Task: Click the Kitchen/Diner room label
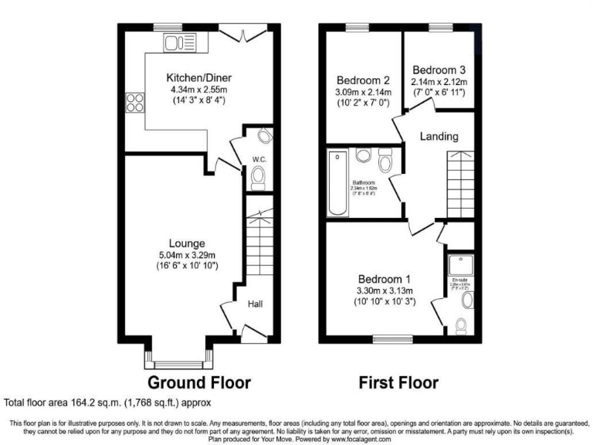[199, 77]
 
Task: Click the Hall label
[255, 304]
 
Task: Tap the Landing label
[439, 137]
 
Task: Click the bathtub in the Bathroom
[338, 185]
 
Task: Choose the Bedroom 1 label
[384, 278]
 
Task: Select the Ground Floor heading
[199, 382]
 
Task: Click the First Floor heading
[398, 382]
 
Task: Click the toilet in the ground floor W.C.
[259, 181]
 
